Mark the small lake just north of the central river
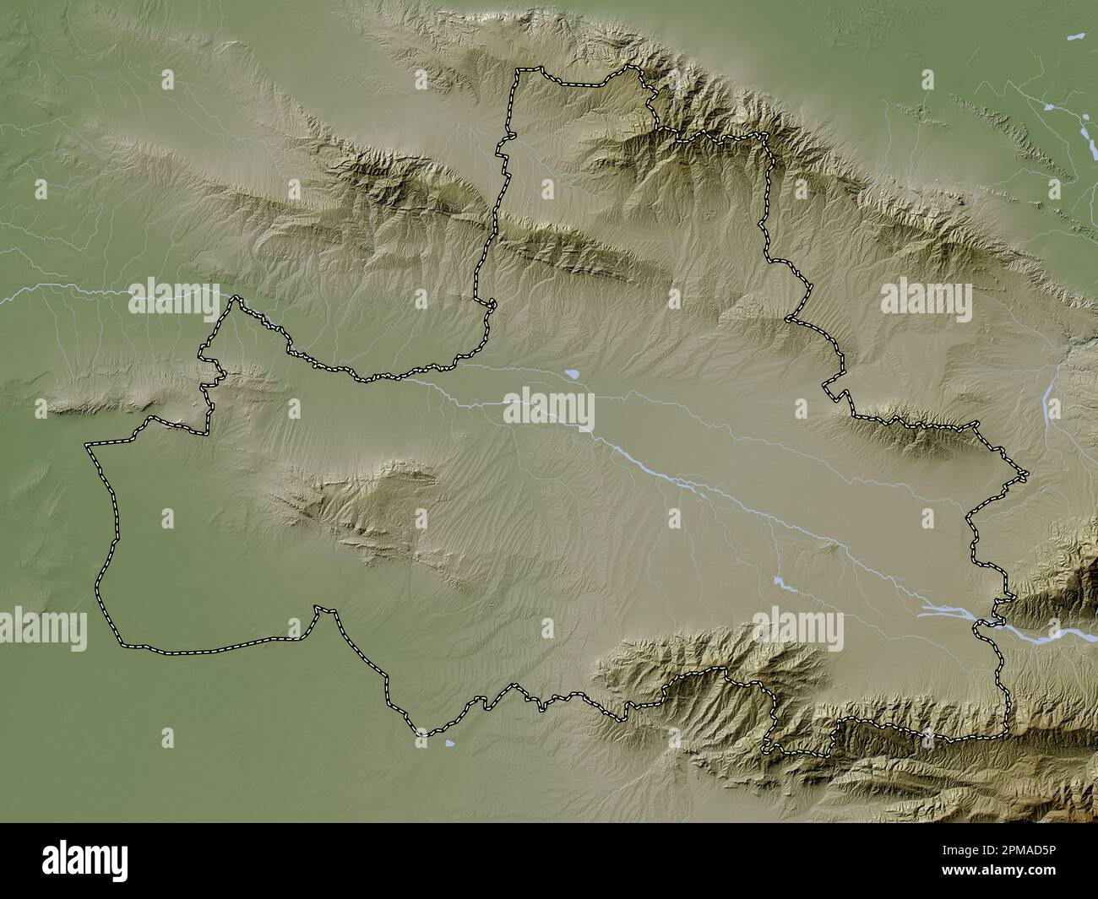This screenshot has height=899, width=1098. (x=572, y=372)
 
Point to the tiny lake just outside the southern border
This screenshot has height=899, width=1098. (x=450, y=744)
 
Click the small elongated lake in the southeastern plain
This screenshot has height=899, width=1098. (x=780, y=582)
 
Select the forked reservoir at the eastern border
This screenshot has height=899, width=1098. (x=938, y=609)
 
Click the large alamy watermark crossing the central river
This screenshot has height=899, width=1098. (x=549, y=409)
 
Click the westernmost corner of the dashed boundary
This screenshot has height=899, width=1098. (x=87, y=444)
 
